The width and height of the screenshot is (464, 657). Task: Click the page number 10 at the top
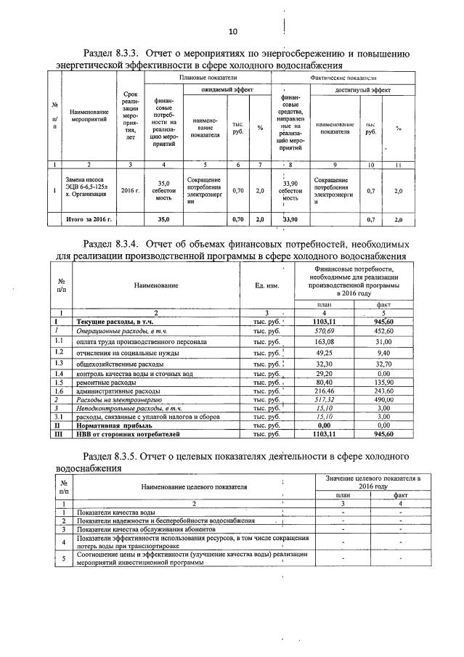point(233,31)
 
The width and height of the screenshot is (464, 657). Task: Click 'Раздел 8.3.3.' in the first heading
point(113,54)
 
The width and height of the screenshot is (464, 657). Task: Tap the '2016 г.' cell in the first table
point(130,190)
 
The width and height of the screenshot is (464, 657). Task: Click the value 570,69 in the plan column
point(320,330)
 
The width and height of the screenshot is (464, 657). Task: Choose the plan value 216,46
point(320,391)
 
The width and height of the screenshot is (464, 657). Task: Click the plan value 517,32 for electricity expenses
point(320,400)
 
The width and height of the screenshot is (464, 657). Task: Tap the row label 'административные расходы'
point(113,391)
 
